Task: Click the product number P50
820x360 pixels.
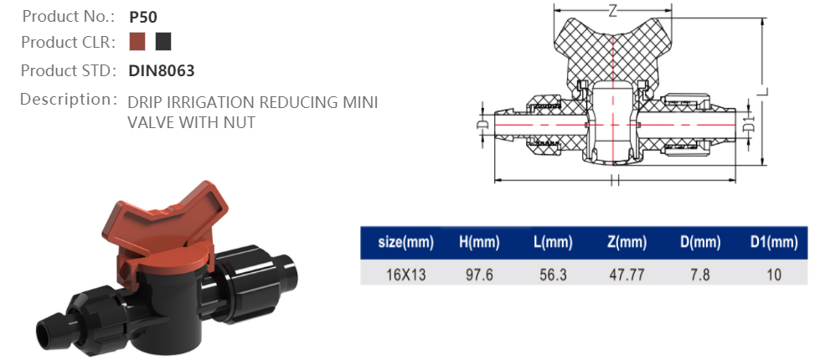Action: pos(143,16)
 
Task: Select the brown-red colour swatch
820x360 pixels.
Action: pos(138,42)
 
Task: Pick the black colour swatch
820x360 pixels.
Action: pos(163,42)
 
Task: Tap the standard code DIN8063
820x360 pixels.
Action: pos(162,71)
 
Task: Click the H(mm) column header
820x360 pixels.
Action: pos(479,243)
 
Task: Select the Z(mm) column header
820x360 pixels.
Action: pos(627,243)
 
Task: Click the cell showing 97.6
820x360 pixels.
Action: pos(479,273)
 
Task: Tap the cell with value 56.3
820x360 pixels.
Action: pos(552,273)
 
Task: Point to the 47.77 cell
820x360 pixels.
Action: pos(627,273)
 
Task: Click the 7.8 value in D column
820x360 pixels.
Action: pos(700,273)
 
